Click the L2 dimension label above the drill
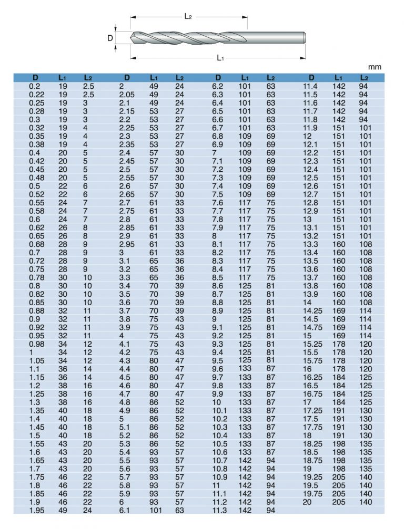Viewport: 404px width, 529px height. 188,16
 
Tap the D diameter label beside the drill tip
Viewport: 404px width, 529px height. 110,38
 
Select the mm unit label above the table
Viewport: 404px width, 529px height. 375,67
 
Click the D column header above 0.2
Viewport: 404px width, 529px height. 35,78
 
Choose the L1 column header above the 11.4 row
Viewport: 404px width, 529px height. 339,78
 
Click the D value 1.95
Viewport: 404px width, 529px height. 36,510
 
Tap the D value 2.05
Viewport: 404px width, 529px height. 128,95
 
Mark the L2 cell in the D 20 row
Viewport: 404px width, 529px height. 365,502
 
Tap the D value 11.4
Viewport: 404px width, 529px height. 310,86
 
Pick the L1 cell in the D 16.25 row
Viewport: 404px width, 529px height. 339,377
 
